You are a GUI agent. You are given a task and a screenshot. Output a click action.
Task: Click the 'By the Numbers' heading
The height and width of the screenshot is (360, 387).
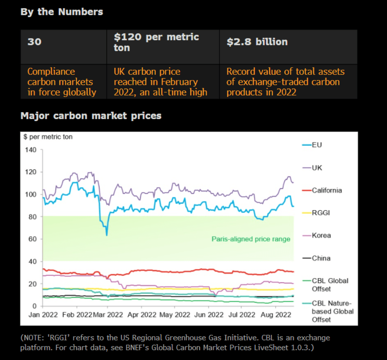62,12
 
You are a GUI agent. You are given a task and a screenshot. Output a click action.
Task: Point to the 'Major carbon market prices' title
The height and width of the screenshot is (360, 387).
91,116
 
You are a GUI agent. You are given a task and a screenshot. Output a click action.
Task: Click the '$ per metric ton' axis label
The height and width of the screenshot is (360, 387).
48,137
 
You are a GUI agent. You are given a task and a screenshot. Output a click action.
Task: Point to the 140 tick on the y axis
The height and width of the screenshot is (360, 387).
31,150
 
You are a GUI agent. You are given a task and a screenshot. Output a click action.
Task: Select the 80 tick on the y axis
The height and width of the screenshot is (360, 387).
32,217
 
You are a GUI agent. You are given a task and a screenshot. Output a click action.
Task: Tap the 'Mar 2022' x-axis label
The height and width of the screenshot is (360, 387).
108,315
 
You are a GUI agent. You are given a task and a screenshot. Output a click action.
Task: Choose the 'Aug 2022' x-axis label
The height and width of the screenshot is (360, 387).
276,315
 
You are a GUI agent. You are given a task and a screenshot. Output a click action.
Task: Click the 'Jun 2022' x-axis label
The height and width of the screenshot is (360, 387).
209,315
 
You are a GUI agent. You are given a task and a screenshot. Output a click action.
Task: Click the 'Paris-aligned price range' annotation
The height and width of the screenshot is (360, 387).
251,239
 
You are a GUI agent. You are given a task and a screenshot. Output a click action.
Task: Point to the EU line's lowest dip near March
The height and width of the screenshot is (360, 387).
107,235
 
